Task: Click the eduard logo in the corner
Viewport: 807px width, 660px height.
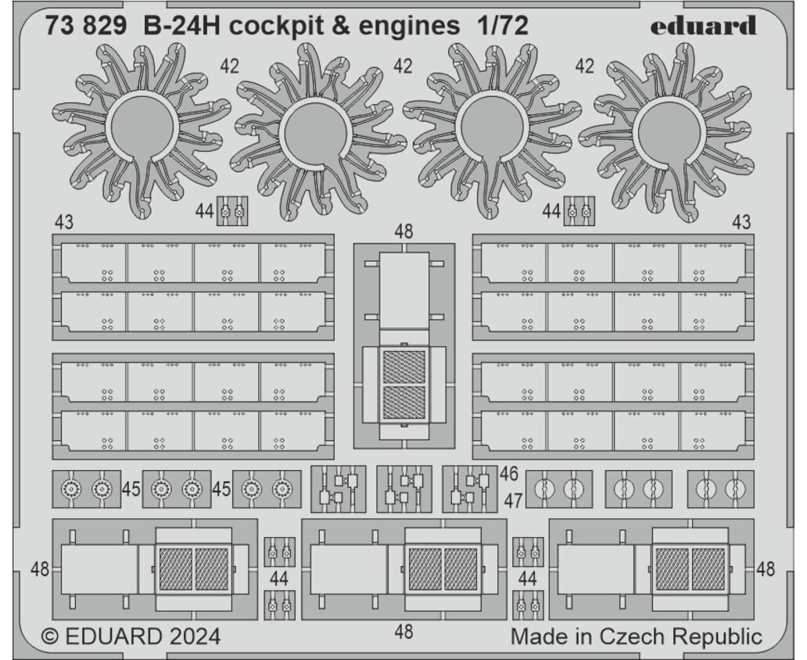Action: tap(703, 25)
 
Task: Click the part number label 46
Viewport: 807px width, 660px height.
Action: tap(508, 474)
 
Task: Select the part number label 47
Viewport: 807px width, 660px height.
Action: tap(513, 500)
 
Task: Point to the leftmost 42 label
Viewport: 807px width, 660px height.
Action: tap(230, 66)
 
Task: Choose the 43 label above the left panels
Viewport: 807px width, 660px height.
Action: tap(64, 222)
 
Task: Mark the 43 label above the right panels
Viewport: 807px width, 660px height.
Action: tap(741, 222)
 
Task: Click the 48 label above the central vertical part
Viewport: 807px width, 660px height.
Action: tap(404, 231)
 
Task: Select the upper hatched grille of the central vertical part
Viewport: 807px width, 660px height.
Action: tap(404, 367)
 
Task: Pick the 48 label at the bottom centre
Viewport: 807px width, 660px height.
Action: tap(404, 631)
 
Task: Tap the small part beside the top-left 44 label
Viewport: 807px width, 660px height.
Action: tap(231, 210)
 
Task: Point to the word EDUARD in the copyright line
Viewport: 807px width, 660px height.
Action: tap(113, 637)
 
